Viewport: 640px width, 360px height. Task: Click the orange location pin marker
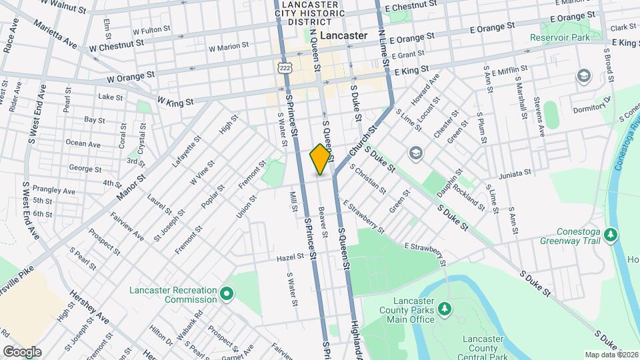[x=320, y=160]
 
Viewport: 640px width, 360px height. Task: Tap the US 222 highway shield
[x=285, y=68]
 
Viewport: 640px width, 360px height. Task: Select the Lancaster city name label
[x=343, y=35]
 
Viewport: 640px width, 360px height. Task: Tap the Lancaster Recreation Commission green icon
[x=226, y=293]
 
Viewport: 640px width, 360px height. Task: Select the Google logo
[x=22, y=351]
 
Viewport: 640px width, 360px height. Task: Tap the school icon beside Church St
[x=416, y=154]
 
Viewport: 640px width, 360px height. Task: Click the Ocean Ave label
[x=83, y=143]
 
